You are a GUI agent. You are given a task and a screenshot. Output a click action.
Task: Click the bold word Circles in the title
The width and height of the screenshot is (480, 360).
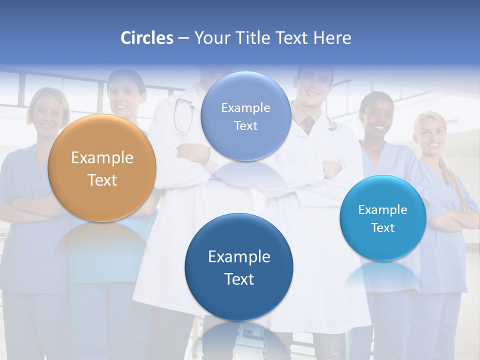click(146, 38)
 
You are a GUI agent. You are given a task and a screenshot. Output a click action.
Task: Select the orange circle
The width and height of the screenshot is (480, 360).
click(102, 168)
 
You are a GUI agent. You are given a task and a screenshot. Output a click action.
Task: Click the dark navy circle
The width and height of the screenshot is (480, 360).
click(239, 267)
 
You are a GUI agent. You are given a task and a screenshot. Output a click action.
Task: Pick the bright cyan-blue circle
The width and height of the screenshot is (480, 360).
click(383, 218)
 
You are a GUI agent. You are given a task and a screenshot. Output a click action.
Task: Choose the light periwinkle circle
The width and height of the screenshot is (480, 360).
click(245, 116)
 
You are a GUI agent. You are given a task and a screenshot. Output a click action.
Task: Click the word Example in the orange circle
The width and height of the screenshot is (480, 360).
click(102, 158)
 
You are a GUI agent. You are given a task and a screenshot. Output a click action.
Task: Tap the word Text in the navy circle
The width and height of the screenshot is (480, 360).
click(239, 279)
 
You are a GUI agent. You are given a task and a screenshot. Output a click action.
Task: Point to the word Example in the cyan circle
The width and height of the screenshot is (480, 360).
click(383, 209)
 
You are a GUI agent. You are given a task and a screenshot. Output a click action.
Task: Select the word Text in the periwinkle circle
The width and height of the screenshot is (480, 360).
click(245, 125)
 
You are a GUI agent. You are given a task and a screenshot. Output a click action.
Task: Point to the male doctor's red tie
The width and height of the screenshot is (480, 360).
click(309, 123)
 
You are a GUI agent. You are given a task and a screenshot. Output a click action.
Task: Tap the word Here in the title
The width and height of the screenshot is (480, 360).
click(332, 38)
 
